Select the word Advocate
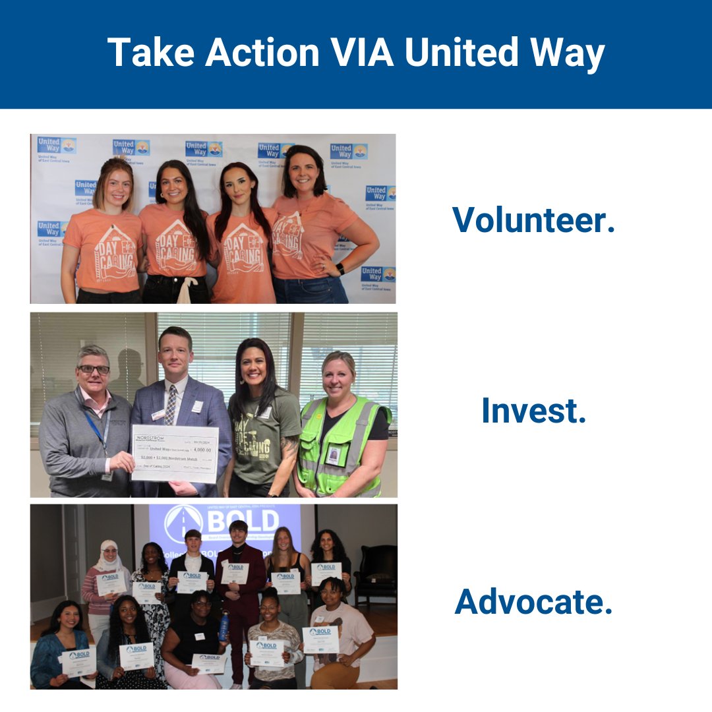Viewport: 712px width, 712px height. tap(533, 602)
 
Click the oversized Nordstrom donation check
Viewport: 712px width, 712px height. tap(175, 453)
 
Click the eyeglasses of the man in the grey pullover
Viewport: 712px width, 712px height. tap(94, 369)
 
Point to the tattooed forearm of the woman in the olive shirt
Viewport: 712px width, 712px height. tap(288, 455)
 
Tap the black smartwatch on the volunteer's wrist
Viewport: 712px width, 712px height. tap(340, 269)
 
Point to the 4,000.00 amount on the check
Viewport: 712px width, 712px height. tap(198, 450)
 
